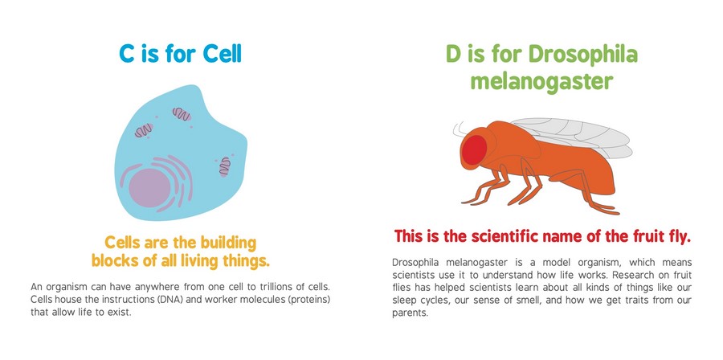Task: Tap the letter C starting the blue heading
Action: coord(127,54)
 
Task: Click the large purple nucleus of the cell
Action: coord(149,187)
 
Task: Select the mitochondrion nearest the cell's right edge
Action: coord(225,166)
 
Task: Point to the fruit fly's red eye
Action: coord(475,149)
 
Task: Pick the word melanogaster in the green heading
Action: coord(541,82)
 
